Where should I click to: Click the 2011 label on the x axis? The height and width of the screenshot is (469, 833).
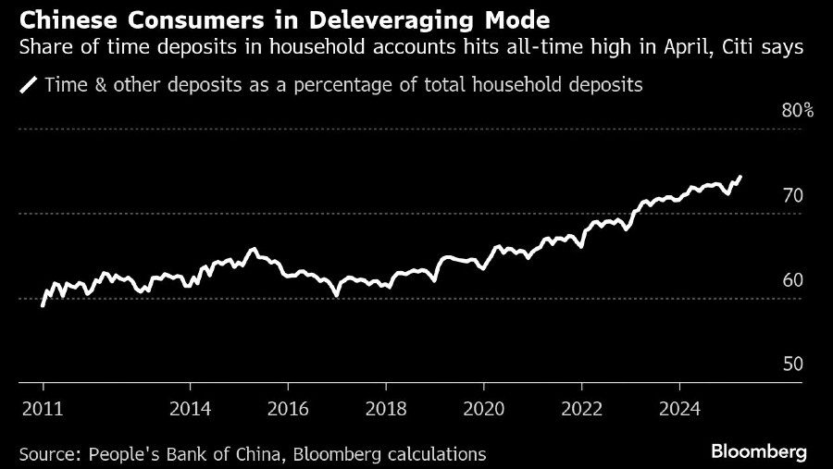(x=44, y=408)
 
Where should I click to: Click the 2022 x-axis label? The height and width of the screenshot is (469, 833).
(x=582, y=408)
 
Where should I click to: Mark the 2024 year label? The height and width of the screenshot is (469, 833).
(x=679, y=408)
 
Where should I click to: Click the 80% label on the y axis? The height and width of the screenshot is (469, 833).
(x=797, y=111)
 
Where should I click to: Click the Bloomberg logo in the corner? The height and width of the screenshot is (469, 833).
(x=759, y=452)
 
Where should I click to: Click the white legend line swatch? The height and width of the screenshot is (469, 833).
(x=29, y=86)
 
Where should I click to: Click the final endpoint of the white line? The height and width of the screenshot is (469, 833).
(x=740, y=176)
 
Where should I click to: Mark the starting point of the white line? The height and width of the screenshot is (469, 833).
(x=43, y=305)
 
